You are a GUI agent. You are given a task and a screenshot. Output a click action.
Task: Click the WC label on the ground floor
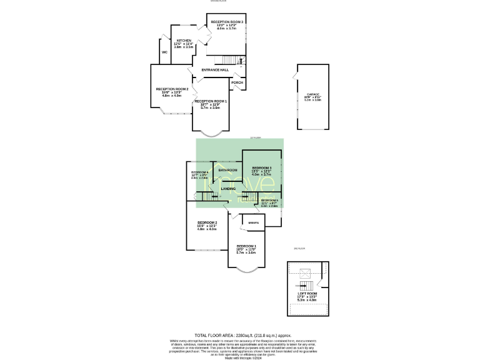click(164, 52)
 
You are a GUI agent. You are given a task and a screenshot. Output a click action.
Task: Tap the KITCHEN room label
click(183, 40)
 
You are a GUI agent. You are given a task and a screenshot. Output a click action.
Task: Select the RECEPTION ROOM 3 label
click(227, 22)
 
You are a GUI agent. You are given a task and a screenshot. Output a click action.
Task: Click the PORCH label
click(237, 82)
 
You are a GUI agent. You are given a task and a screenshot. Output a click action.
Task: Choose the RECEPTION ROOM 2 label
click(172, 89)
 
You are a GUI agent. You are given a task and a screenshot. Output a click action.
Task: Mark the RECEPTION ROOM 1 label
click(210, 101)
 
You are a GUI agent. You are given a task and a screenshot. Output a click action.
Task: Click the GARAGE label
click(312, 94)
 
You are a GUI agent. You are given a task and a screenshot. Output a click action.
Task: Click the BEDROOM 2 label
click(207, 223)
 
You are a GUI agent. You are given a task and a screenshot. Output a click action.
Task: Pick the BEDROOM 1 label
click(246, 246)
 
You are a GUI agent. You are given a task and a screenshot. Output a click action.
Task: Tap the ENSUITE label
click(254, 222)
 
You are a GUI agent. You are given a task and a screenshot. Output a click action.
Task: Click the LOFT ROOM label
click(307, 293)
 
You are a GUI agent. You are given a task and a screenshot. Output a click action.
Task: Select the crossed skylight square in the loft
click(305, 273)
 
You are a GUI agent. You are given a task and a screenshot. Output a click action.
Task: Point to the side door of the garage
click(295, 77)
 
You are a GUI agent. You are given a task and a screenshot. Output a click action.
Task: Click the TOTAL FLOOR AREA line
click(239, 335)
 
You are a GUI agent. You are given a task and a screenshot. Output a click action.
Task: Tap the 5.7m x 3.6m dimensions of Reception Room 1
click(210, 108)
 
